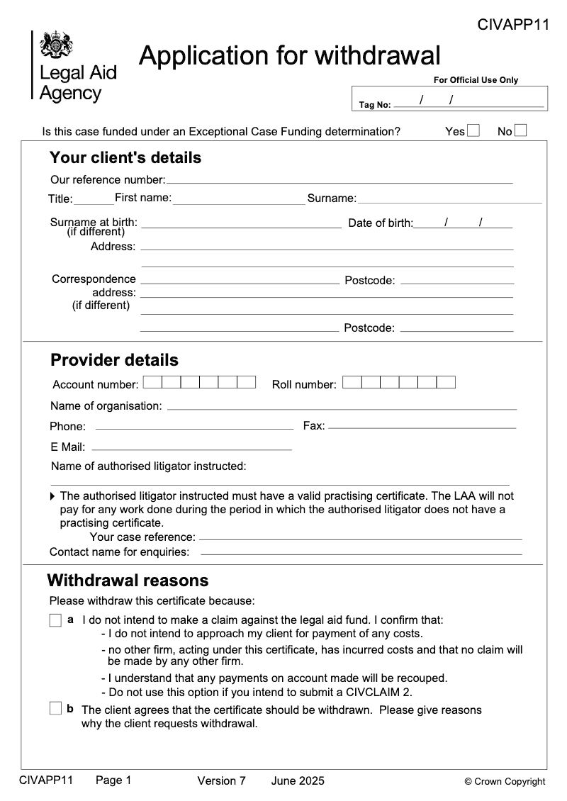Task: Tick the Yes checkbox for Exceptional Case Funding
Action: [473, 131]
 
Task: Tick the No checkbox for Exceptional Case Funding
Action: [521, 131]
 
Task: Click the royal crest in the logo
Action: [56, 46]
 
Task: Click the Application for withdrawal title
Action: [289, 55]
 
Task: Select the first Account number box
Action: [152, 383]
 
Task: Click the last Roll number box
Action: [446, 383]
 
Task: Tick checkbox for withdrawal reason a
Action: [56, 620]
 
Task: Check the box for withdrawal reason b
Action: [56, 708]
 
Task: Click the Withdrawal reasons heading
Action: [128, 581]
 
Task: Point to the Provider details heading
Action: [114, 360]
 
